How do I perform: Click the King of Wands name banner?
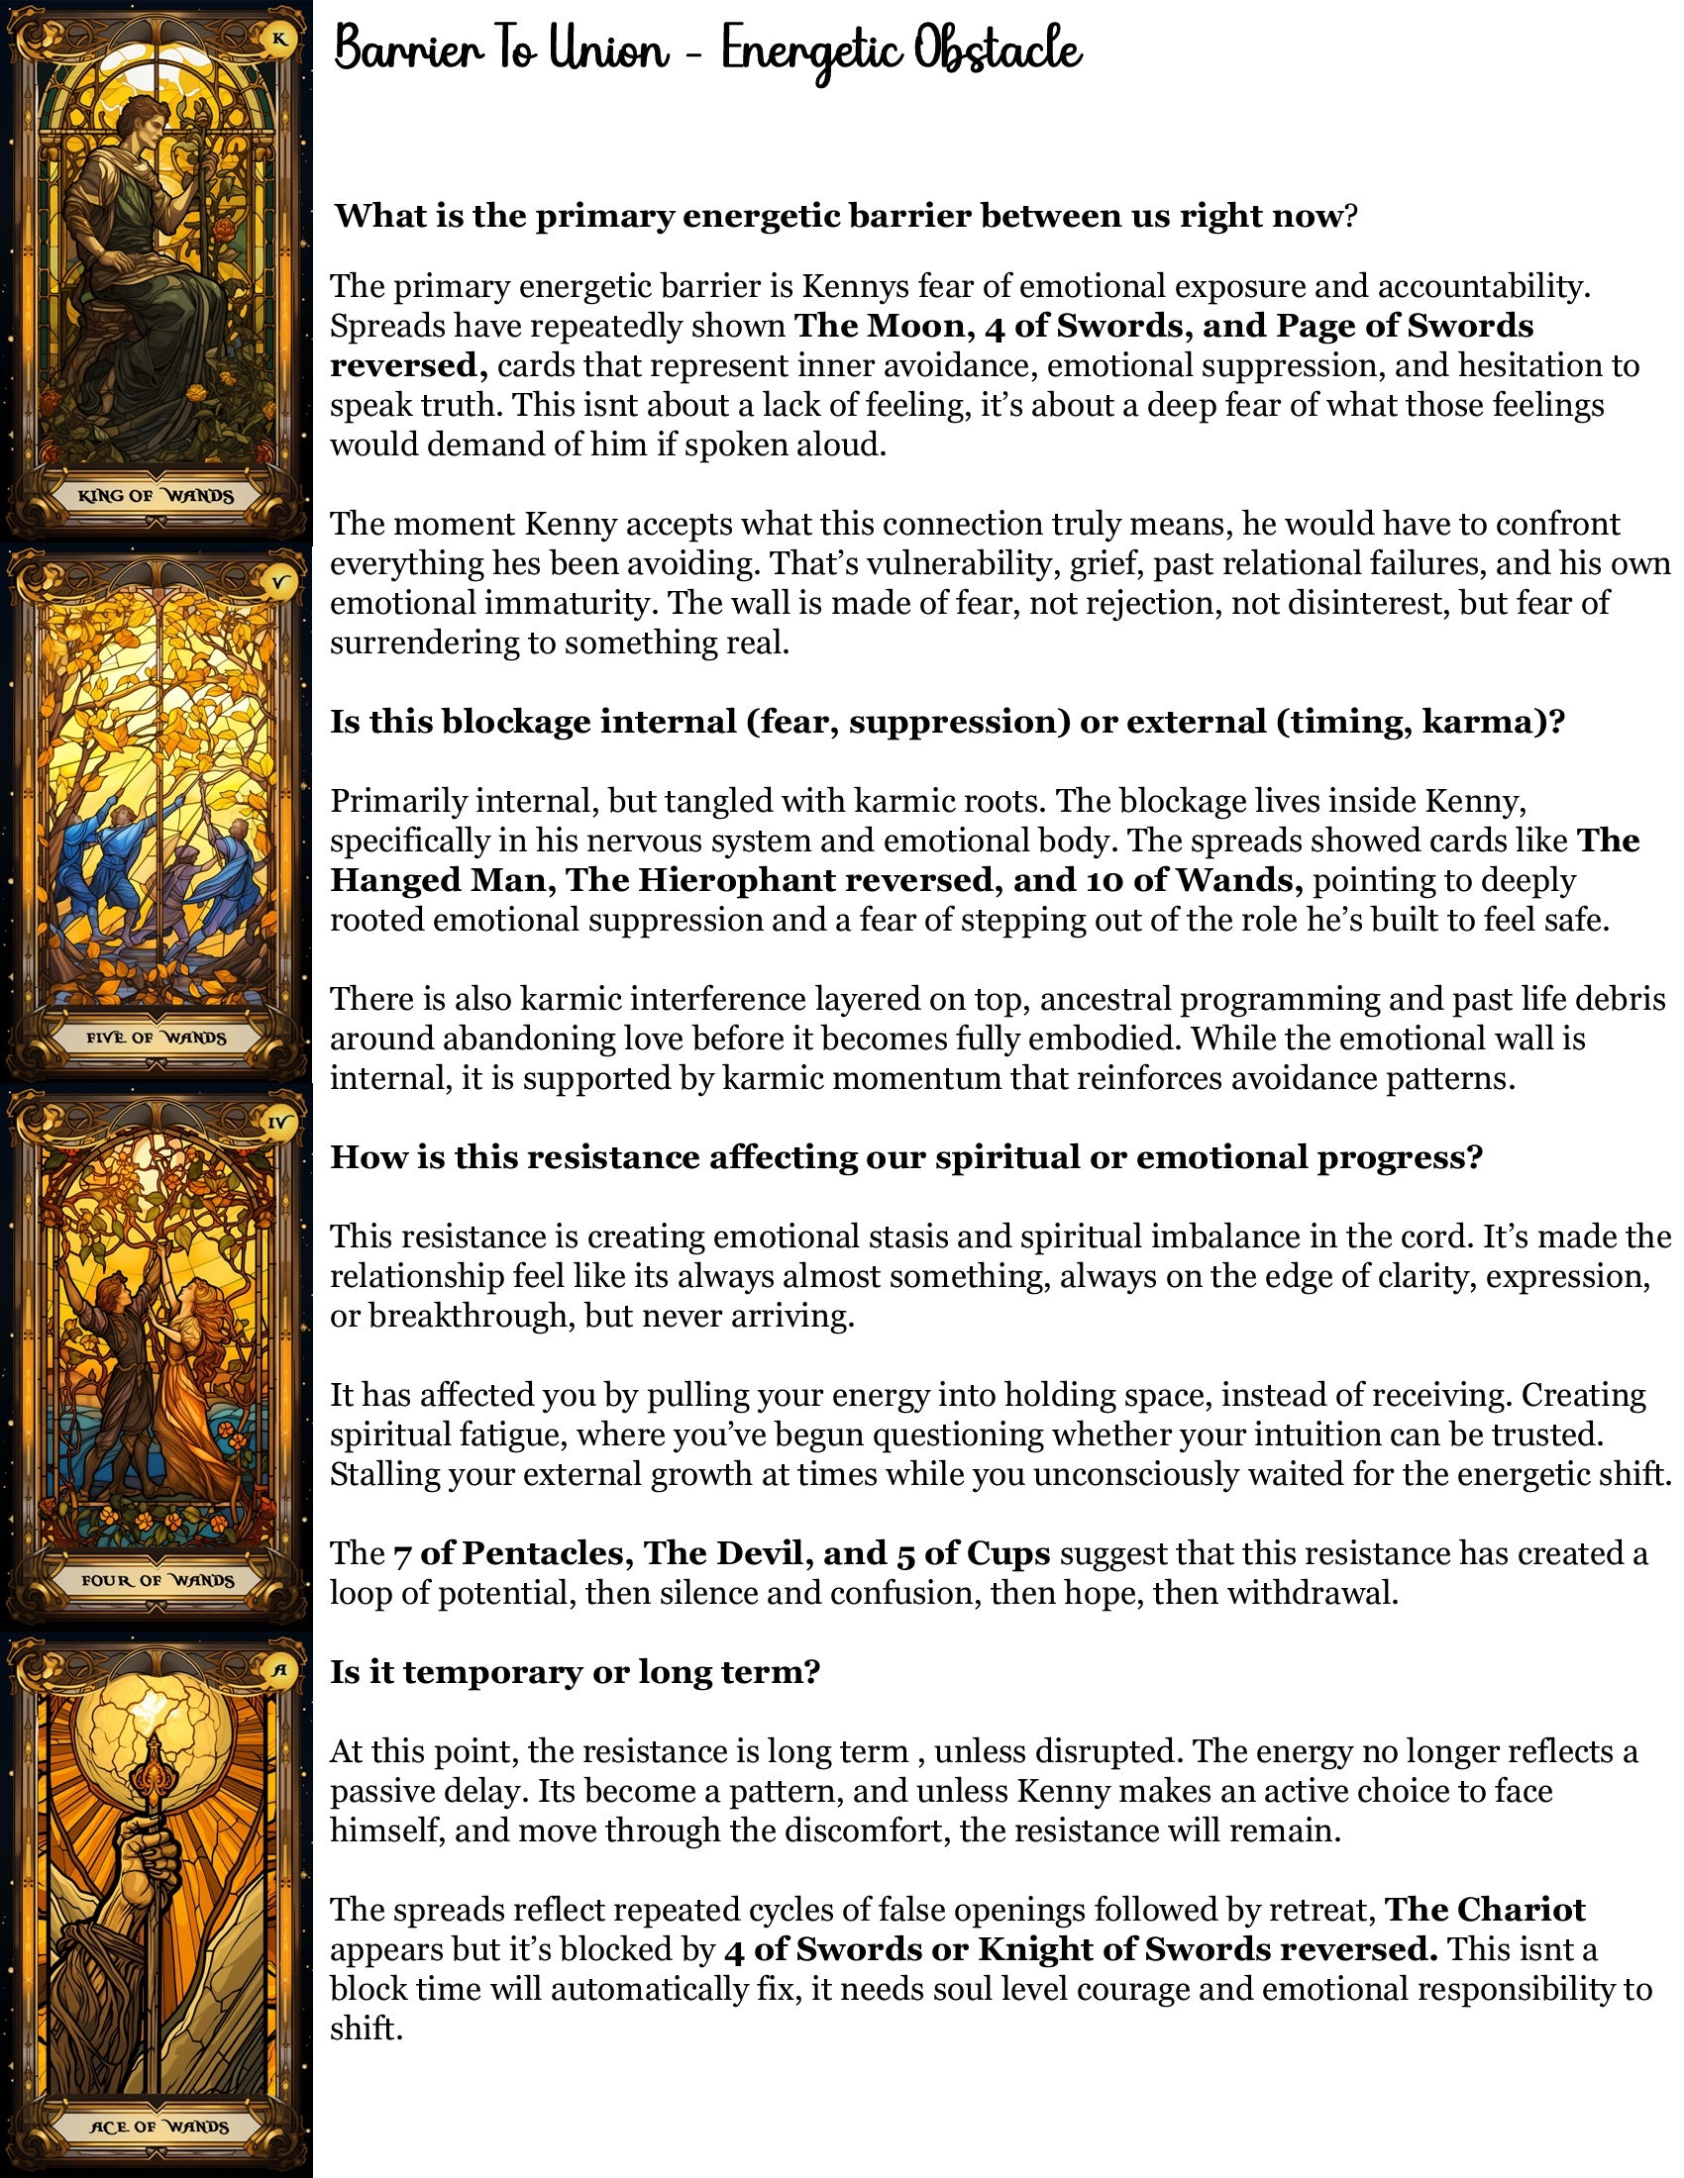(156, 496)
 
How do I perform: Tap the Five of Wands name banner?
(156, 1039)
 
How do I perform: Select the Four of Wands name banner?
(158, 1581)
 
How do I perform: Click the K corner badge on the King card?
(278, 40)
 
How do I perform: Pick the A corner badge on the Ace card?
(279, 1671)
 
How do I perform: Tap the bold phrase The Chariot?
(1485, 1909)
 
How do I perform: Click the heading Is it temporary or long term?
(575, 1671)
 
